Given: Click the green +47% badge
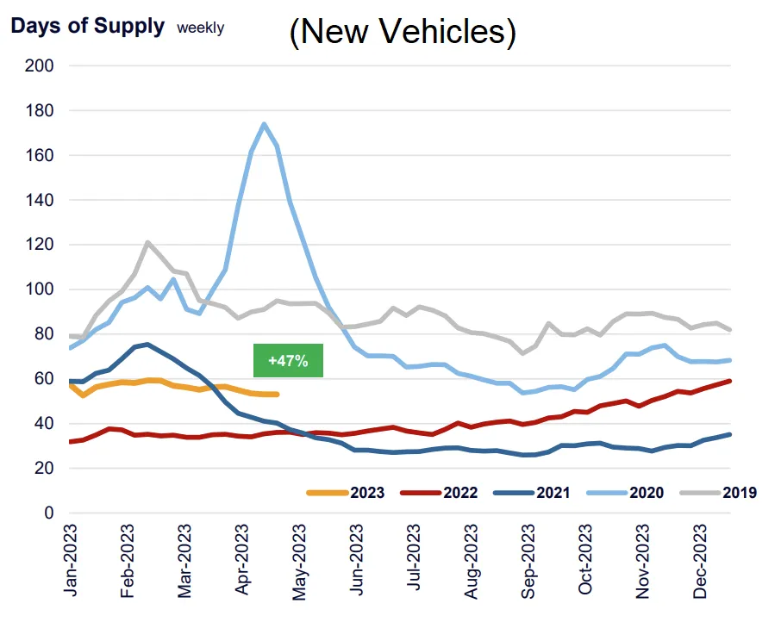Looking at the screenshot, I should click(x=288, y=360).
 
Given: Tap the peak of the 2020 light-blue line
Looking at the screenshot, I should click(x=264, y=124).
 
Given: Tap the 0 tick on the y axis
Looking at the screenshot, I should click(x=48, y=513).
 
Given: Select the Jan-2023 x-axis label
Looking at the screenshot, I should click(x=73, y=560).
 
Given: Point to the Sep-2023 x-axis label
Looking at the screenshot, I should click(x=528, y=560).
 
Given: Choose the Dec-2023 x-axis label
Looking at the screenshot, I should click(x=699, y=560).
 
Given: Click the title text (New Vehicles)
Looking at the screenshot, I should click(x=402, y=32).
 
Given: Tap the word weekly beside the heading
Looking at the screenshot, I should click(x=200, y=28).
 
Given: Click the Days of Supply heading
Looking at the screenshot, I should click(x=87, y=26).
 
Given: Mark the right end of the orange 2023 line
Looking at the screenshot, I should click(x=277, y=395).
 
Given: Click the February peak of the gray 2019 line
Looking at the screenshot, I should click(x=147, y=242).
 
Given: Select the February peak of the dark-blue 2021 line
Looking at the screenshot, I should click(x=147, y=345).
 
